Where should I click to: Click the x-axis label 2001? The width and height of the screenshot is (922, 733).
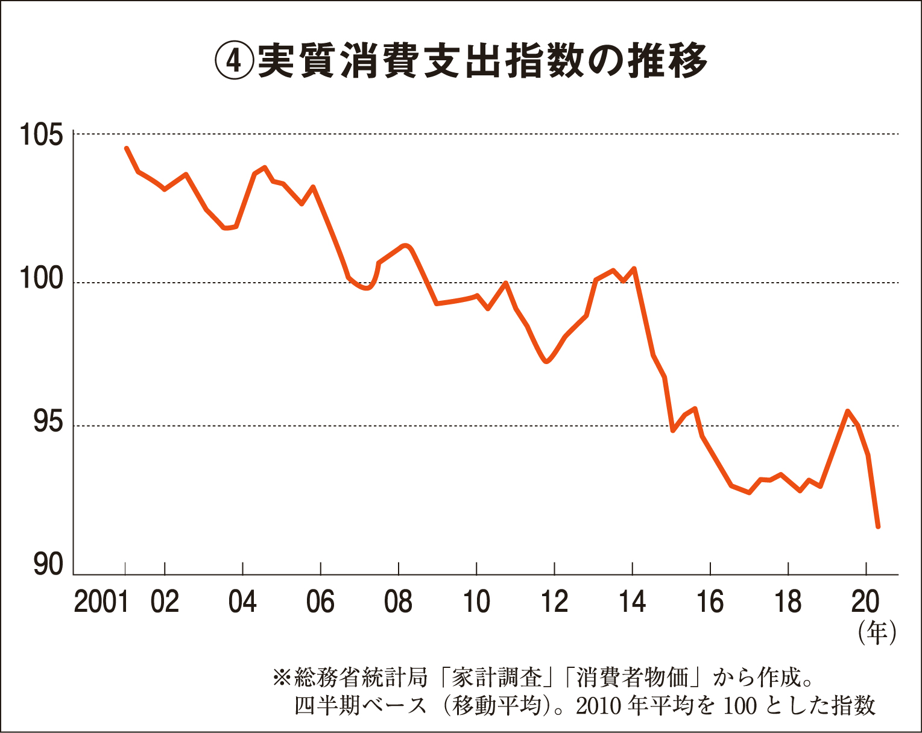point(101,602)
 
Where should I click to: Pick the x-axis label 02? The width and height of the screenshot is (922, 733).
point(165,602)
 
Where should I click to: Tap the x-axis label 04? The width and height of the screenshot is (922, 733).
point(242,602)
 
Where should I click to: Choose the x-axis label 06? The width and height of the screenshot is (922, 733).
point(320,602)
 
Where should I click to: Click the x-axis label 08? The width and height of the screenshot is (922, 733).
point(398,602)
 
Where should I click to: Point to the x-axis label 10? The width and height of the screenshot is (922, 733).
point(476,602)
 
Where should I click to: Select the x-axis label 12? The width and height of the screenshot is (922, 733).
point(554,602)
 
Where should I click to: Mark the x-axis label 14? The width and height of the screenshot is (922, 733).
point(632,602)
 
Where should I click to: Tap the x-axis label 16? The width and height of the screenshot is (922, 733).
point(710,602)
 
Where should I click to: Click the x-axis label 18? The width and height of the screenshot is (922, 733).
point(788,602)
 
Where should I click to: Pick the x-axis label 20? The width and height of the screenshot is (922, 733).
point(865,602)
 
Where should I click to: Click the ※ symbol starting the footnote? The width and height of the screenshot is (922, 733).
point(282,678)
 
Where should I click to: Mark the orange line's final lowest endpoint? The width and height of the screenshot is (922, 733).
point(878,527)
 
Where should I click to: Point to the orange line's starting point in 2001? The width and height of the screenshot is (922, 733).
point(126,148)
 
